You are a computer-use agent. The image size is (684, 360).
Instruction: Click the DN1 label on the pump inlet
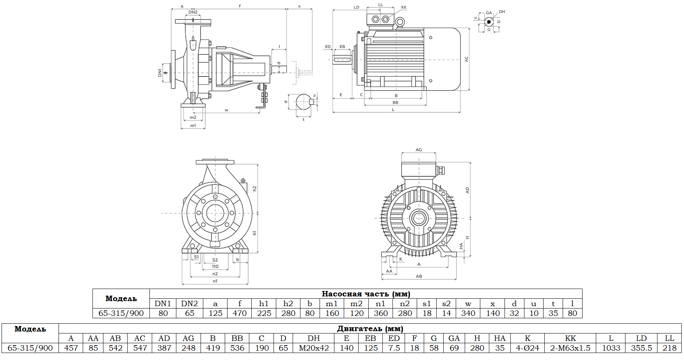(160, 73)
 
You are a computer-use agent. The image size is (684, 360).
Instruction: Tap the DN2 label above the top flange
(193, 12)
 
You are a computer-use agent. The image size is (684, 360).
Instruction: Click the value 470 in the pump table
(240, 313)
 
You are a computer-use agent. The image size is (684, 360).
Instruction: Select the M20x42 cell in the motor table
(314, 348)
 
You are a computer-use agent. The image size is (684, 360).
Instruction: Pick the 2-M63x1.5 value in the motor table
(570, 348)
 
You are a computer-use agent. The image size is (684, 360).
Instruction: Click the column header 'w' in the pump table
(468, 303)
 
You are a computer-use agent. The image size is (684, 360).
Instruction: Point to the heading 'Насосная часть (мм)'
(366, 294)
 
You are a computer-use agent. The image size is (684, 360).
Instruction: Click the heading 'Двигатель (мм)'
(370, 328)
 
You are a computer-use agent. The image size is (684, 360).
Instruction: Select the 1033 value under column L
(611, 348)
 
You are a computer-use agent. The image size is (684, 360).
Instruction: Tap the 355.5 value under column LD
(641, 348)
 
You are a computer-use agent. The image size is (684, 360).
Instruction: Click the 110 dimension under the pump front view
(215, 267)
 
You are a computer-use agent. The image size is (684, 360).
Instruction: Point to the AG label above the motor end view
(419, 150)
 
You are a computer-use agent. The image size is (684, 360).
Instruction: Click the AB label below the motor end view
(419, 276)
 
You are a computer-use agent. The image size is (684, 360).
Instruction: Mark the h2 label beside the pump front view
(254, 188)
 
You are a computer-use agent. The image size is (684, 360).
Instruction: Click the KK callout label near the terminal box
(404, 7)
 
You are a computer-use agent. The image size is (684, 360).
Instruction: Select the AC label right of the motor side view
(466, 59)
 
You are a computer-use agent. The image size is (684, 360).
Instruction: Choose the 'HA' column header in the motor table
(499, 338)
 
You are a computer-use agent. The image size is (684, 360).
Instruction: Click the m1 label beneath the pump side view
(193, 126)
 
